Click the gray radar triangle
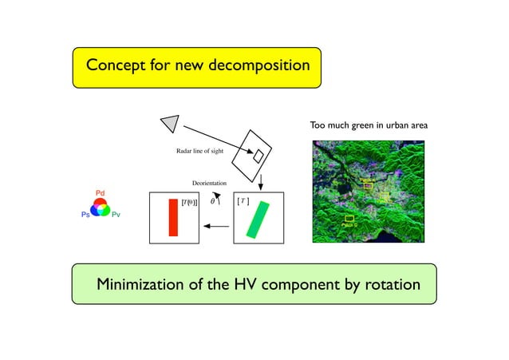pyautogui.click(x=170, y=122)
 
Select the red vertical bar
pyautogui.click(x=172, y=217)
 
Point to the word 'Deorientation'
pyautogui.click(x=210, y=184)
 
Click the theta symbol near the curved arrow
pyautogui.click(x=211, y=202)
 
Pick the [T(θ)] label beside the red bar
pyautogui.click(x=190, y=203)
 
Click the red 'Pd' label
pyautogui.click(x=101, y=194)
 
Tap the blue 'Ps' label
pyautogui.click(x=85, y=216)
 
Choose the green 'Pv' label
pyautogui.click(x=116, y=216)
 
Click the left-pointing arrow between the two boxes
pyautogui.click(x=215, y=226)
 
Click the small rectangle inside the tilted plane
pyautogui.click(x=258, y=156)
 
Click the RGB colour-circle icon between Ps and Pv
pyautogui.click(x=101, y=208)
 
